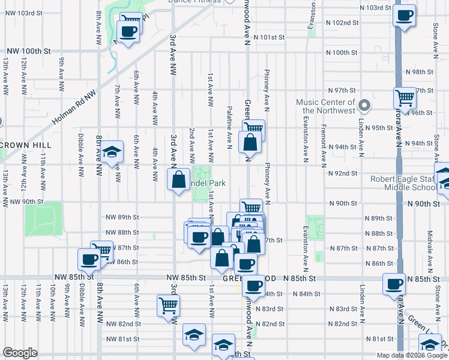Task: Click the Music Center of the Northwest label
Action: pyautogui.click(x=325, y=106)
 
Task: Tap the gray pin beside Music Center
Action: pyautogui.click(x=364, y=107)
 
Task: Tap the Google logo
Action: pyautogui.click(x=20, y=353)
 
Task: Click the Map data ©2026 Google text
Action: pyautogui.click(x=411, y=355)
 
